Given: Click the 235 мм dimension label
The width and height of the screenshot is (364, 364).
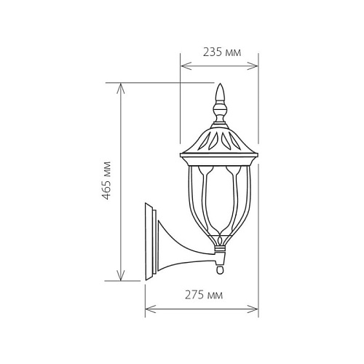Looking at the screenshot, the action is (x=222, y=52).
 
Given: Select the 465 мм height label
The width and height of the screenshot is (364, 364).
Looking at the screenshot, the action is (x=106, y=181).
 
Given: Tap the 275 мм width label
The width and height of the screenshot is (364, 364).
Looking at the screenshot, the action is (x=204, y=295).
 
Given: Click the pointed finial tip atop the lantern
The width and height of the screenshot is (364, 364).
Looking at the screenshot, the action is (x=220, y=84).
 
